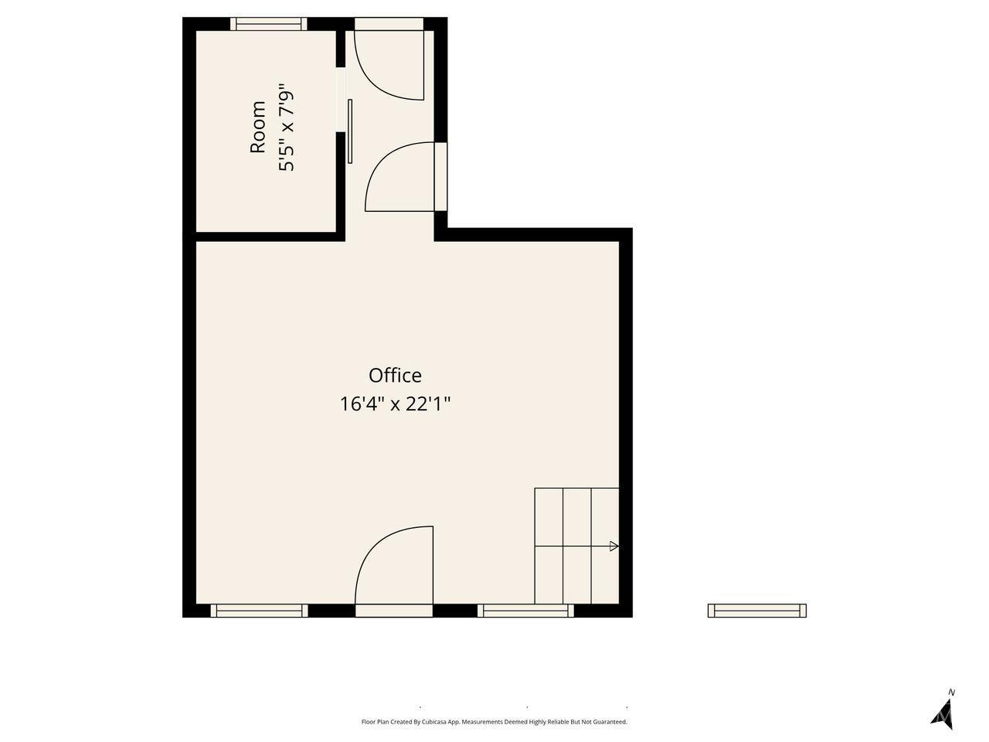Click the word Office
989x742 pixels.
(395, 376)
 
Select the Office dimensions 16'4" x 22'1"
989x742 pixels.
(395, 404)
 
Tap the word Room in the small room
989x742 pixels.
(258, 127)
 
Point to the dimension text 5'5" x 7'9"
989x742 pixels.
(287, 127)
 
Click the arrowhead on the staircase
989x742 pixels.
(613, 546)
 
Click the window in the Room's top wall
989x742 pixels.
(269, 24)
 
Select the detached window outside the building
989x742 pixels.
(757, 611)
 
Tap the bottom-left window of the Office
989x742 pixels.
(259, 611)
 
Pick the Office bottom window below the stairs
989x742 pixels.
(526, 611)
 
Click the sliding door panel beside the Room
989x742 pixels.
(350, 131)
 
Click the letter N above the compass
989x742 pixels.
(951, 692)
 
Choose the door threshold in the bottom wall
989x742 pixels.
(394, 611)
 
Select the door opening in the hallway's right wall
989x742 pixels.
(440, 176)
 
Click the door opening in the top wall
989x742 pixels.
(389, 24)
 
